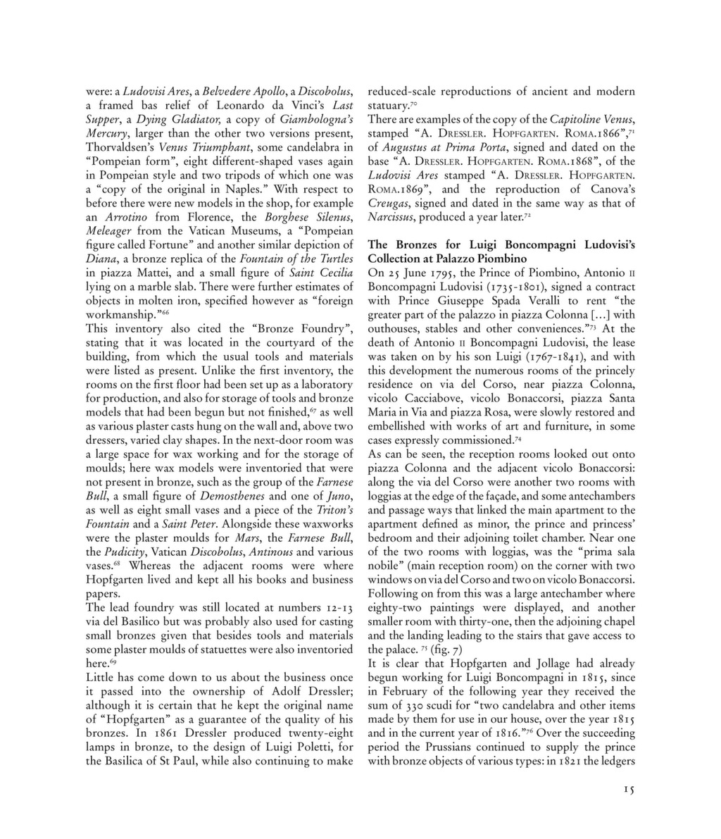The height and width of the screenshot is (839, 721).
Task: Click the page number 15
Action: pos(629,790)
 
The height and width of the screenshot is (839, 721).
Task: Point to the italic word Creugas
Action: pos(391,204)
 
